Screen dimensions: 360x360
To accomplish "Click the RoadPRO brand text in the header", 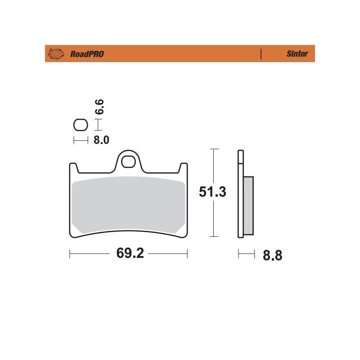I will [87, 54].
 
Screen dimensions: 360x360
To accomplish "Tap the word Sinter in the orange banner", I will [297, 54].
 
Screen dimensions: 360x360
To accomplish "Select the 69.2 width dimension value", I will [130, 254].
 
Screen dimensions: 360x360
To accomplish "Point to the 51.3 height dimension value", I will [213, 192].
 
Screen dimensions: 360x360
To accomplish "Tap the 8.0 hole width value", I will [101, 140].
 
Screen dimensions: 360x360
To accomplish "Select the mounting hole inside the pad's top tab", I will [128, 161].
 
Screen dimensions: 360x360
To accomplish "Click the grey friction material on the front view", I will [128, 205].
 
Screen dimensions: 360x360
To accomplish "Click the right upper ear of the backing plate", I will [183, 167].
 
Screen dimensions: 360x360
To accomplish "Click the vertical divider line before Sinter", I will [261, 54].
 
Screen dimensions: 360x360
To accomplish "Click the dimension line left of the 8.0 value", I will [80, 140].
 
